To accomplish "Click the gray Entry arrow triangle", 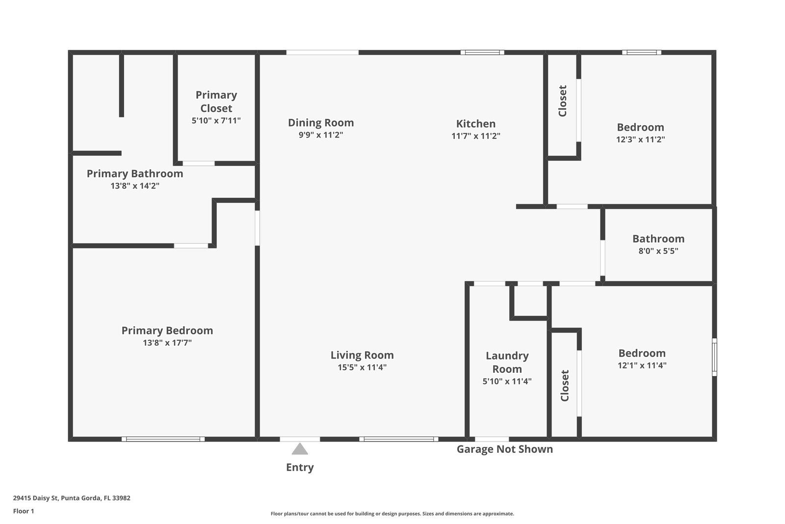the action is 300,449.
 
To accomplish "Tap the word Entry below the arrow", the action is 300,468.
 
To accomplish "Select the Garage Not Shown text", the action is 505,449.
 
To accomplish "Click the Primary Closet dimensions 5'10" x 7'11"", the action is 216,121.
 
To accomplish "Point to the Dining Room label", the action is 321,123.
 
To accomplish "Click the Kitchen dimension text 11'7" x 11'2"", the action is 475,136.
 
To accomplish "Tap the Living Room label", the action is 362,355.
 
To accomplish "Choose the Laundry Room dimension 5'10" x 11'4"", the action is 507,381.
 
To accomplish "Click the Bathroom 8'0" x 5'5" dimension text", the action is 658,251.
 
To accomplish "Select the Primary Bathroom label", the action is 135,174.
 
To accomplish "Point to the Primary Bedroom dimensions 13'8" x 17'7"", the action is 167,343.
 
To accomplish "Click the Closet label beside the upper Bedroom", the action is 562,101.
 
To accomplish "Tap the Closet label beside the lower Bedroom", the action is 565,386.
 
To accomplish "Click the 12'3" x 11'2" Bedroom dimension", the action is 640,139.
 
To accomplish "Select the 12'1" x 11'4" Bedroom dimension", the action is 642,365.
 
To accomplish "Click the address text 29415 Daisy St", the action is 35,498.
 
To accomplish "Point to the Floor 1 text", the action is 24,511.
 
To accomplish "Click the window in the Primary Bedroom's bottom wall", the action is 163,439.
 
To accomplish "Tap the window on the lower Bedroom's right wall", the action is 714,357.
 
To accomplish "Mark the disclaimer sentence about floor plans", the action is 392,514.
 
